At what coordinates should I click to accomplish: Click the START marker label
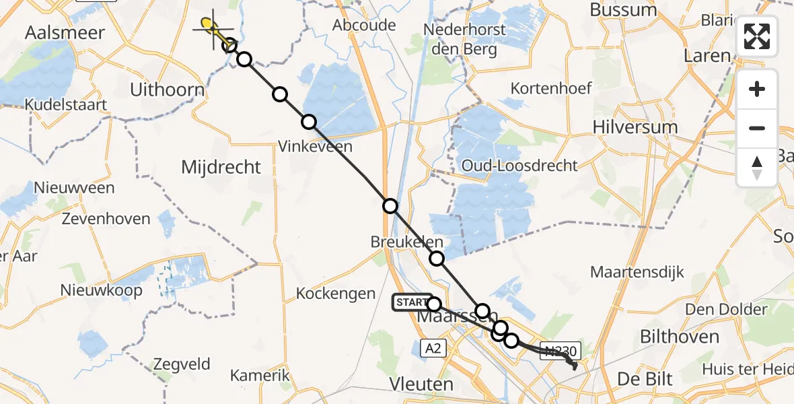(x=412, y=302)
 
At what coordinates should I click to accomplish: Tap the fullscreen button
(x=757, y=36)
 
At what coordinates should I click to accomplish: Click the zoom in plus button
(x=757, y=89)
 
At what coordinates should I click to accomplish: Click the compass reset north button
(x=757, y=168)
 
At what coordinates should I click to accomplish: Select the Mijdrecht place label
(x=221, y=167)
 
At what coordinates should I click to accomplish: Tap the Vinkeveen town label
(x=315, y=145)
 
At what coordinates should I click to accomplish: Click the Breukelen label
(x=407, y=242)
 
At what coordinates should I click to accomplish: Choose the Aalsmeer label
(x=65, y=32)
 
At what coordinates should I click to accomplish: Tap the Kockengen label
(x=336, y=294)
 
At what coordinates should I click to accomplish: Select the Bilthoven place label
(x=680, y=337)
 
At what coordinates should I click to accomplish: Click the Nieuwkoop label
(x=102, y=290)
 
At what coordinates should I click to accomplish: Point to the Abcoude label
(x=364, y=25)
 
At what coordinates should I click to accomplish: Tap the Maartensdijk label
(x=637, y=272)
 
